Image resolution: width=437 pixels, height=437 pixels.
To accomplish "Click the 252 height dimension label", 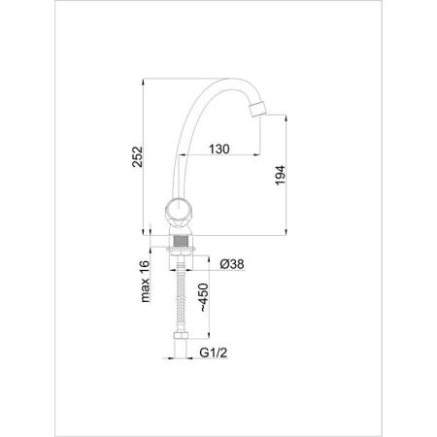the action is click(x=138, y=156).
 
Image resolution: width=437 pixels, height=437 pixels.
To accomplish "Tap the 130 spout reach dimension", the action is click(x=219, y=150).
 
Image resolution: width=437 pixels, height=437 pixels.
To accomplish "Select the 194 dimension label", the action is click(x=281, y=175).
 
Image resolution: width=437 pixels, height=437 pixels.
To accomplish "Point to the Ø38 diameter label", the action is click(x=232, y=264).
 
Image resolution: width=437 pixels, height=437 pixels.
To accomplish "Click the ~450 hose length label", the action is click(x=203, y=297).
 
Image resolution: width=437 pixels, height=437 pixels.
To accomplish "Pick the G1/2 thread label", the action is click(x=214, y=353).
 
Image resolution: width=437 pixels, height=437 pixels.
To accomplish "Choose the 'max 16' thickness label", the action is click(x=146, y=282).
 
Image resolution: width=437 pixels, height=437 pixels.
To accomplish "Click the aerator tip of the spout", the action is click(x=257, y=109).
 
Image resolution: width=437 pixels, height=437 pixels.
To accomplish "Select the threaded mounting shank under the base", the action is click(x=182, y=242).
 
